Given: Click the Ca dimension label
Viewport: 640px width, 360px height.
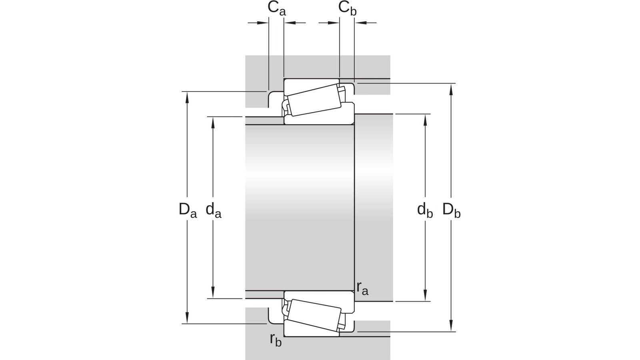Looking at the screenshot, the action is (x=276, y=8).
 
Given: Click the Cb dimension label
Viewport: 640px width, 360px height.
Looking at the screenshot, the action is (x=348, y=8).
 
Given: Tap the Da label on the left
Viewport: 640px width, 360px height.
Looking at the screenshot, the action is (x=188, y=210).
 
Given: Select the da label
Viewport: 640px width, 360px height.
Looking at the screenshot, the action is (x=214, y=210).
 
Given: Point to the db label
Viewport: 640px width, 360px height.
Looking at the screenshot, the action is (x=425, y=210).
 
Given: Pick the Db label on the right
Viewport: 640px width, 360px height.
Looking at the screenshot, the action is (x=452, y=210).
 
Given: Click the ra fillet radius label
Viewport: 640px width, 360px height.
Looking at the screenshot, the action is (x=362, y=288).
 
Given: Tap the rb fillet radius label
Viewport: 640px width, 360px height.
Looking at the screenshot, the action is (x=276, y=340).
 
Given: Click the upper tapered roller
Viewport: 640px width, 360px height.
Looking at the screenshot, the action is (x=314, y=100).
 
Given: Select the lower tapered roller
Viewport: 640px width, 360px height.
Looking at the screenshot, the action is (x=314, y=315).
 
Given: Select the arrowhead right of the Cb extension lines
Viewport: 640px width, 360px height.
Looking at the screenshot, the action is (x=360, y=22).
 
